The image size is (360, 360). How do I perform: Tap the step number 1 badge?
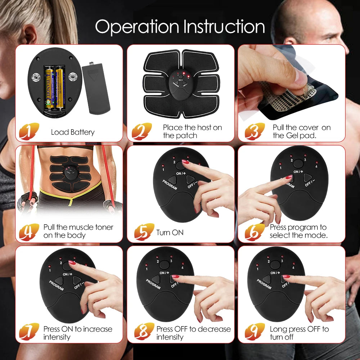coord(29,131)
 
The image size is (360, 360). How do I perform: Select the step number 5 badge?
coord(144,232)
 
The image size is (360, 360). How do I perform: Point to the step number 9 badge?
coord(255,332)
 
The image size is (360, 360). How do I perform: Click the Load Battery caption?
coord(73,132)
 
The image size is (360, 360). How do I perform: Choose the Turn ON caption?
coord(170,233)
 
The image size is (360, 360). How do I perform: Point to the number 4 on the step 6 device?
coord(316,166)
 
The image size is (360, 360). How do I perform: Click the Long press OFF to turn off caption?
coord(299,333)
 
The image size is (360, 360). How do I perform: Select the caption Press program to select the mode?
coord(298,231)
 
